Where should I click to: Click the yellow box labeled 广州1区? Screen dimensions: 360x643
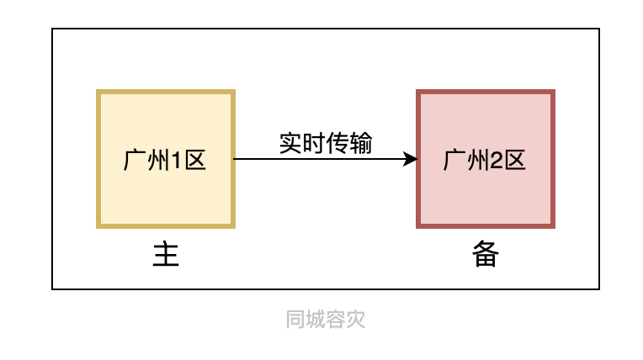tap(166, 193)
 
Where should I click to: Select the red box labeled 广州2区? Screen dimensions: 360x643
tap(486, 193)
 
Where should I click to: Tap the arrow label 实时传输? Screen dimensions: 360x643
tap(326, 144)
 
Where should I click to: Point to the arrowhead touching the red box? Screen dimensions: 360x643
tap(412, 159)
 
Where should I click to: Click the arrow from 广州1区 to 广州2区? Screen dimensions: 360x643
tap(320, 159)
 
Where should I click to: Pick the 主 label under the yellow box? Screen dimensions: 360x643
tap(166, 255)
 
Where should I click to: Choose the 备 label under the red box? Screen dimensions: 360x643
tap(486, 255)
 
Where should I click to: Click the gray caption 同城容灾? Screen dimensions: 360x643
tap(326, 320)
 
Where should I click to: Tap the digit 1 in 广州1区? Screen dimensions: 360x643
tap(177, 160)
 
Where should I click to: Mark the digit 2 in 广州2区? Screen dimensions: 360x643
tap(497, 160)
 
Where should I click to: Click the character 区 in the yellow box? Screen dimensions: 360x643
tap(195, 160)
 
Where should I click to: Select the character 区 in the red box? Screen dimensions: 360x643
tap(515, 160)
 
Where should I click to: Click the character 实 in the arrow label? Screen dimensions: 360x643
tap(291, 144)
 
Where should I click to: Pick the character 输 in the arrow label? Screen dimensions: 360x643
tap(361, 144)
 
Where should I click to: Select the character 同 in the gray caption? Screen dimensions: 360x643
tap(295, 320)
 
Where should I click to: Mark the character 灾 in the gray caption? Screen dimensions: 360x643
tap(356, 320)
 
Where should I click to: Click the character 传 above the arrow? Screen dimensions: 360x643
tap(337, 144)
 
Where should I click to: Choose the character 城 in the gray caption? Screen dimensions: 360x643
tap(316, 320)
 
